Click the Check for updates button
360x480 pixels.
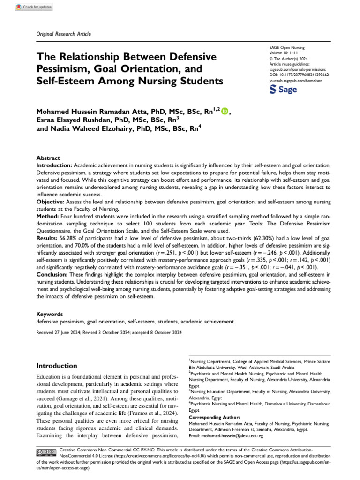click(x=34, y=7)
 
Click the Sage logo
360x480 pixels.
click(x=284, y=90)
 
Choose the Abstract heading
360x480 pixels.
click(x=48, y=159)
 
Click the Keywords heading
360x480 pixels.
click(x=51, y=314)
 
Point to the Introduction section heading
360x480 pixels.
click(x=57, y=366)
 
